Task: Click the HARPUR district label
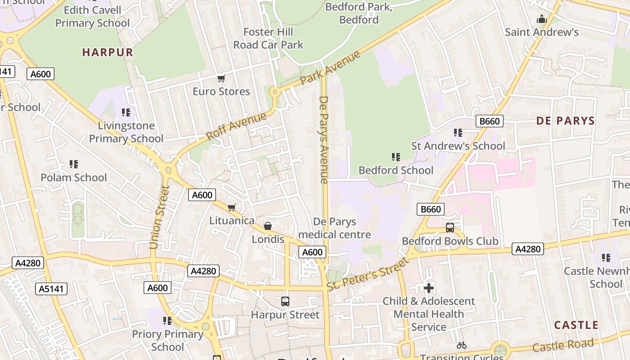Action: pyautogui.click(x=108, y=52)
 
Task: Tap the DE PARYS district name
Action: pyautogui.click(x=565, y=121)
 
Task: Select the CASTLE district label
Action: pyautogui.click(x=576, y=325)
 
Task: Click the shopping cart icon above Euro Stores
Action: pyautogui.click(x=221, y=79)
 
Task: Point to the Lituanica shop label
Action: pyautogui.click(x=232, y=220)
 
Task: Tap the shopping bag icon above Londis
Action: pyautogui.click(x=268, y=226)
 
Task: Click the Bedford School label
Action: pyautogui.click(x=396, y=170)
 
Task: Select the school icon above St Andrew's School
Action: pyautogui.click(x=458, y=133)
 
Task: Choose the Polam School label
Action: pyautogui.click(x=74, y=177)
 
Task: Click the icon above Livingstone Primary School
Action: pyautogui.click(x=126, y=112)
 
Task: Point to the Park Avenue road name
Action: pyautogui.click(x=330, y=67)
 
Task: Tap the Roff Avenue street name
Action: pyautogui.click(x=236, y=126)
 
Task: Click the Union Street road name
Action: pyautogui.click(x=160, y=217)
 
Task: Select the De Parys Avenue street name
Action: pyautogui.click(x=324, y=139)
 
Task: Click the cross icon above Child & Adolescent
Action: pyautogui.click(x=428, y=288)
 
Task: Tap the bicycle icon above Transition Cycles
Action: pyautogui.click(x=461, y=345)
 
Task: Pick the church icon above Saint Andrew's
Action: pyautogui.click(x=541, y=19)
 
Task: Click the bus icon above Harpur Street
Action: pyautogui.click(x=285, y=301)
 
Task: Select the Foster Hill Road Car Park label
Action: pyautogui.click(x=268, y=38)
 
